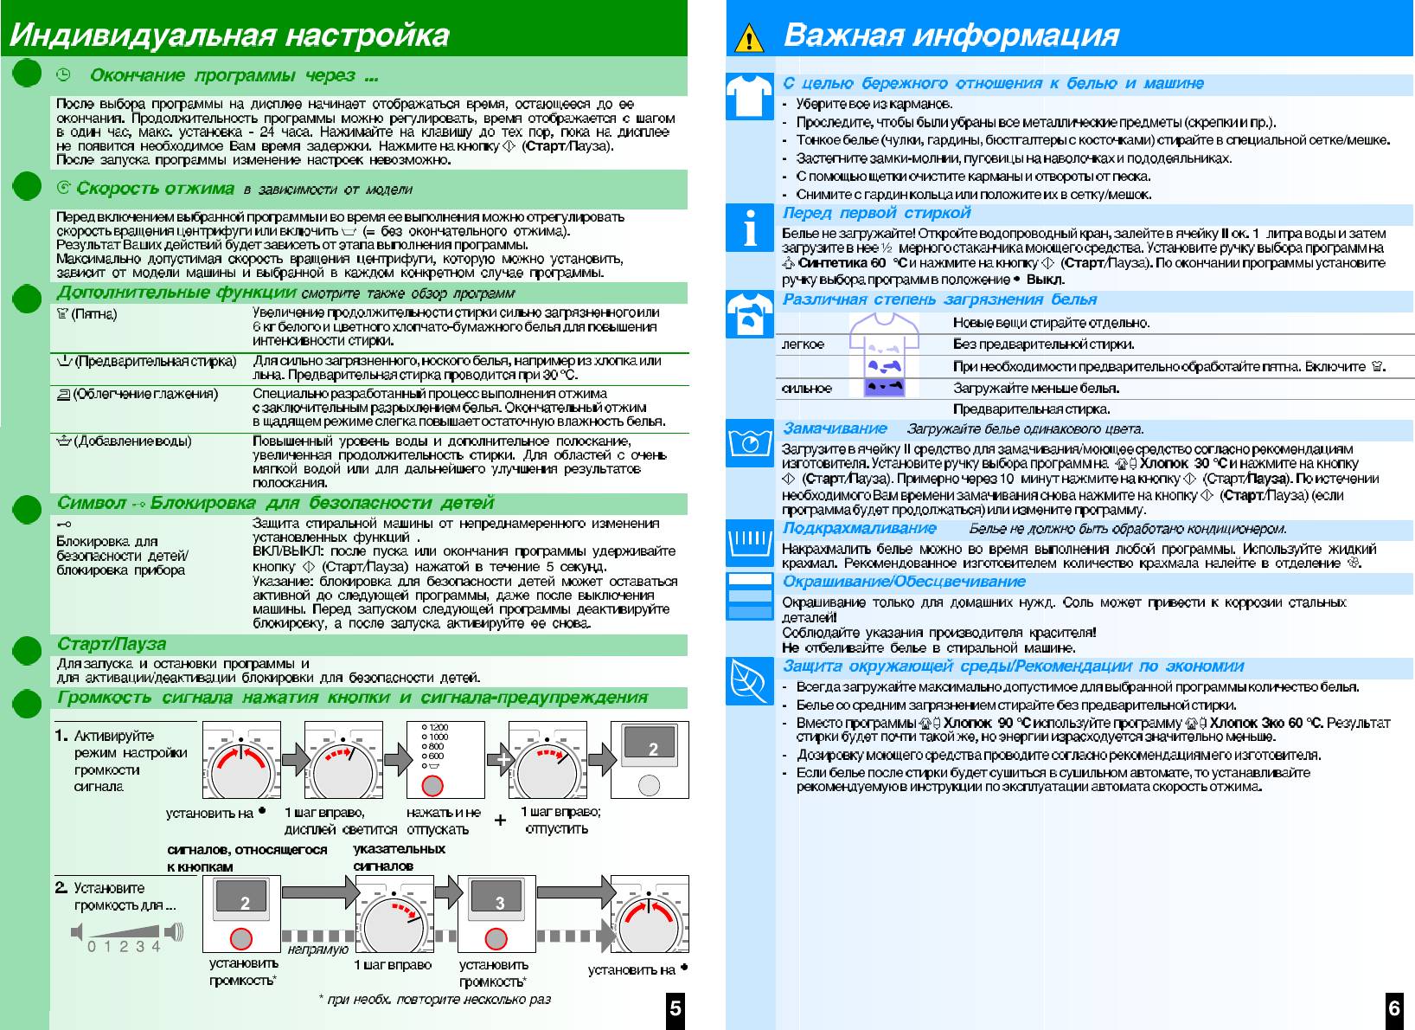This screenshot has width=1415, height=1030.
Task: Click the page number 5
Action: coord(675,1007)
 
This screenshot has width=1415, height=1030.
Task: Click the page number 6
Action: coord(1394,1007)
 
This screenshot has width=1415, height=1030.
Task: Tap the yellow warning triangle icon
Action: coord(749,39)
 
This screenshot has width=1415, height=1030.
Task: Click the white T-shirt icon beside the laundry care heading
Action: coord(749,96)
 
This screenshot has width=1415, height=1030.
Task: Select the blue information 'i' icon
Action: coord(749,228)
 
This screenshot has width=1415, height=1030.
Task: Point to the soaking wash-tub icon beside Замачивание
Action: coord(749,443)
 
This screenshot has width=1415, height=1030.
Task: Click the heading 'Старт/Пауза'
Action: coord(112,644)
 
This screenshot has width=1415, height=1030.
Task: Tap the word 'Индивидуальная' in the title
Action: coord(141,35)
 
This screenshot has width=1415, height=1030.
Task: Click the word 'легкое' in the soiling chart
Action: coord(803,344)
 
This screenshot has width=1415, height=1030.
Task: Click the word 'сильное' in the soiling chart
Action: coord(806,389)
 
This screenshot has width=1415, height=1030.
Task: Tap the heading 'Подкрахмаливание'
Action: coord(860,528)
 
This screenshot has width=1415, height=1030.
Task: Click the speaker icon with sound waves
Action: coord(174,931)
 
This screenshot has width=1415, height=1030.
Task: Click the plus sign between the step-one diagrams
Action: coord(500,820)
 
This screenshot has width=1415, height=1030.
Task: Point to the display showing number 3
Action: coord(499,903)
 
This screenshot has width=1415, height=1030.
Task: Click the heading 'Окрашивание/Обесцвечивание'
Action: coord(904,582)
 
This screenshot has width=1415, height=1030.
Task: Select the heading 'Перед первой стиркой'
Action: coord(876,213)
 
